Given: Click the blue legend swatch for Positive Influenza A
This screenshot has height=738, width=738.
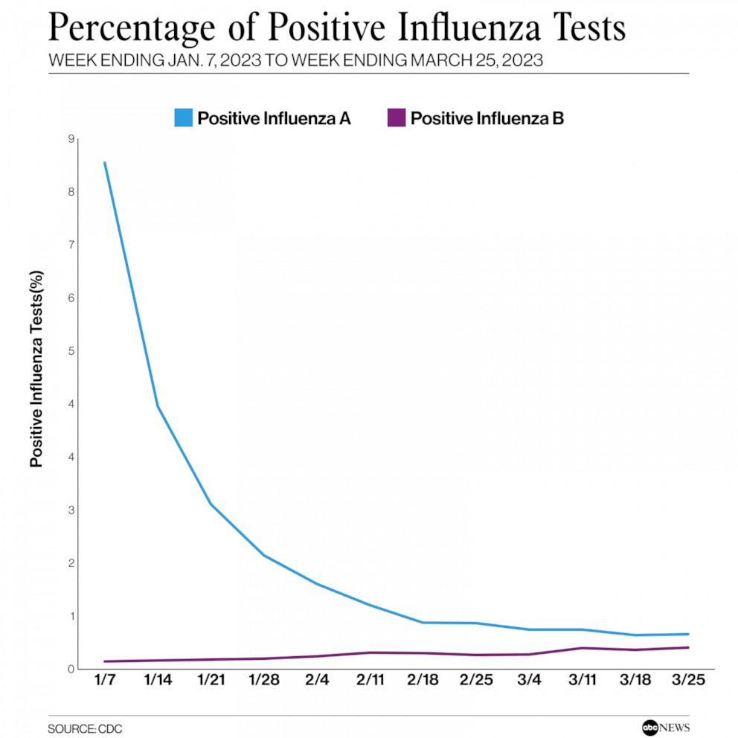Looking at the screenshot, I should click(x=184, y=118).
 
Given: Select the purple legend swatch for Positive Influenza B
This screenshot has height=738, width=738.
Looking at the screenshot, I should click(x=397, y=118).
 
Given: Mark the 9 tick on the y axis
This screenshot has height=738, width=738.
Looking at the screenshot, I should click(x=71, y=139).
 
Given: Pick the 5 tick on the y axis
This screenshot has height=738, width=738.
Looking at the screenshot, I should click(x=71, y=351).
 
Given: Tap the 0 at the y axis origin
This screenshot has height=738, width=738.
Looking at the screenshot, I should click(x=71, y=669).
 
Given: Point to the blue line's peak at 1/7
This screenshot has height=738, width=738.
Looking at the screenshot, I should click(x=105, y=162).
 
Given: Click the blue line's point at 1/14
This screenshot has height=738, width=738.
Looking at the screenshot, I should click(x=158, y=406).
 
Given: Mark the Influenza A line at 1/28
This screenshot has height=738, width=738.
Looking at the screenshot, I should click(x=264, y=555).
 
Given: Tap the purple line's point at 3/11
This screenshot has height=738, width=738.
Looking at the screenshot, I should click(x=583, y=648).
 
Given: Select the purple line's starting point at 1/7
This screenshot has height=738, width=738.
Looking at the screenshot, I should click(x=105, y=661).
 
